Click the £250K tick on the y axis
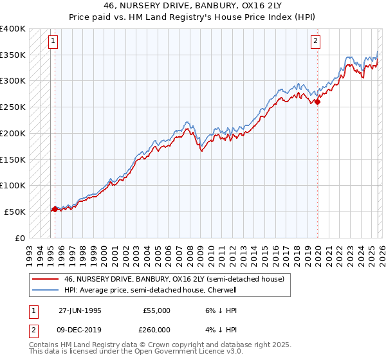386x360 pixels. pos(13,107)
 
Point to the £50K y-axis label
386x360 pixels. pos(15,212)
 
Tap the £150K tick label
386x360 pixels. pos(13,159)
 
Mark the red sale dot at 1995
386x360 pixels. pos(55,209)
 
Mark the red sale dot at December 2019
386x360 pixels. pos(318,102)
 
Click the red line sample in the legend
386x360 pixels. pos(46,280)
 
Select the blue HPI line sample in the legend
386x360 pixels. pos(46,290)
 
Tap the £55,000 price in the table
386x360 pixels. pos(156,310)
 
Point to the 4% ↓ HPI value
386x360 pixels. pos(223,330)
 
